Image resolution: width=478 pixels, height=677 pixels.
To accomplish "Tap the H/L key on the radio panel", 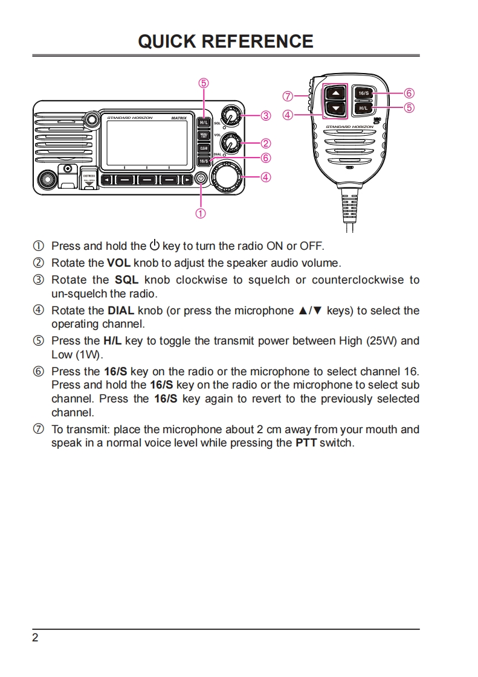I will [x=204, y=122].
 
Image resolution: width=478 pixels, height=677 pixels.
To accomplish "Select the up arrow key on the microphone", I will [x=336, y=93].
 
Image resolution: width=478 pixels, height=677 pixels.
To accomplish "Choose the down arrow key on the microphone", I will [x=336, y=109].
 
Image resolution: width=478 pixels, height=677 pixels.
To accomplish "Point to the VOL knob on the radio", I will [x=229, y=143].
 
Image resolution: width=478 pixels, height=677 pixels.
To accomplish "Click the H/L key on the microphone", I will [x=363, y=108].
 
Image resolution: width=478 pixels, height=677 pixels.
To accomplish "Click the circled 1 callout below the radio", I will [x=201, y=213].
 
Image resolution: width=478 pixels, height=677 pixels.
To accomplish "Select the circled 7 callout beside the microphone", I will [x=288, y=96].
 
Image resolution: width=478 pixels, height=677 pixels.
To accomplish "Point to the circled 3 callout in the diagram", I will [x=265, y=115].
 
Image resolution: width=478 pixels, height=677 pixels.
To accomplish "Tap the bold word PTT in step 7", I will [x=306, y=443].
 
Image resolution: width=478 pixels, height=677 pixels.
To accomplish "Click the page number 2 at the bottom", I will [x=35, y=638].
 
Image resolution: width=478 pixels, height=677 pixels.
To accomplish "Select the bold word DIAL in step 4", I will [x=121, y=311].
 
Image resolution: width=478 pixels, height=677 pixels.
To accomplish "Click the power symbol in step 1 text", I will [x=155, y=246].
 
